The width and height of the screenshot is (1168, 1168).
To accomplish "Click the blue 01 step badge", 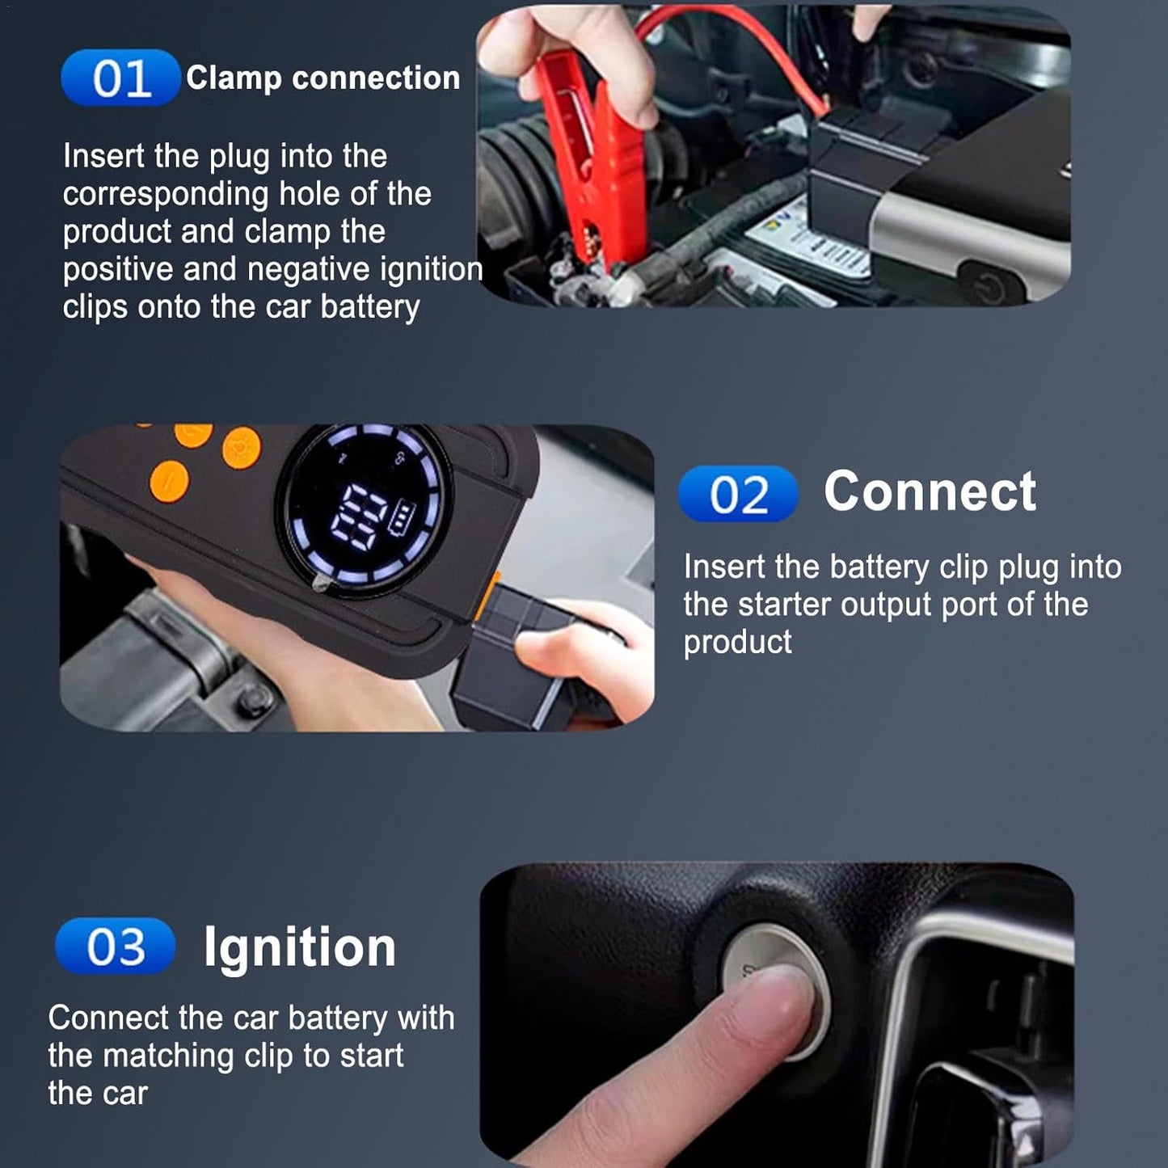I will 120,78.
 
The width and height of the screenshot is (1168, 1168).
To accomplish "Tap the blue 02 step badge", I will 737,494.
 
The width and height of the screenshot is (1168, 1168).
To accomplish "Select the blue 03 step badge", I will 115,947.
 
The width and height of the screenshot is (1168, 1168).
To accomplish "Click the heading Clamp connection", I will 323,78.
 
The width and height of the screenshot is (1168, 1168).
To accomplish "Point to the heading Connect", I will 930,491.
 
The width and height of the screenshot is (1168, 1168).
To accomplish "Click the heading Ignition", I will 299,947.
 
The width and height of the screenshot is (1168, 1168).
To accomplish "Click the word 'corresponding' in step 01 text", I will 166,194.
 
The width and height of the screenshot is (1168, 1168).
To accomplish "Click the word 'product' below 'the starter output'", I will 737,642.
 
